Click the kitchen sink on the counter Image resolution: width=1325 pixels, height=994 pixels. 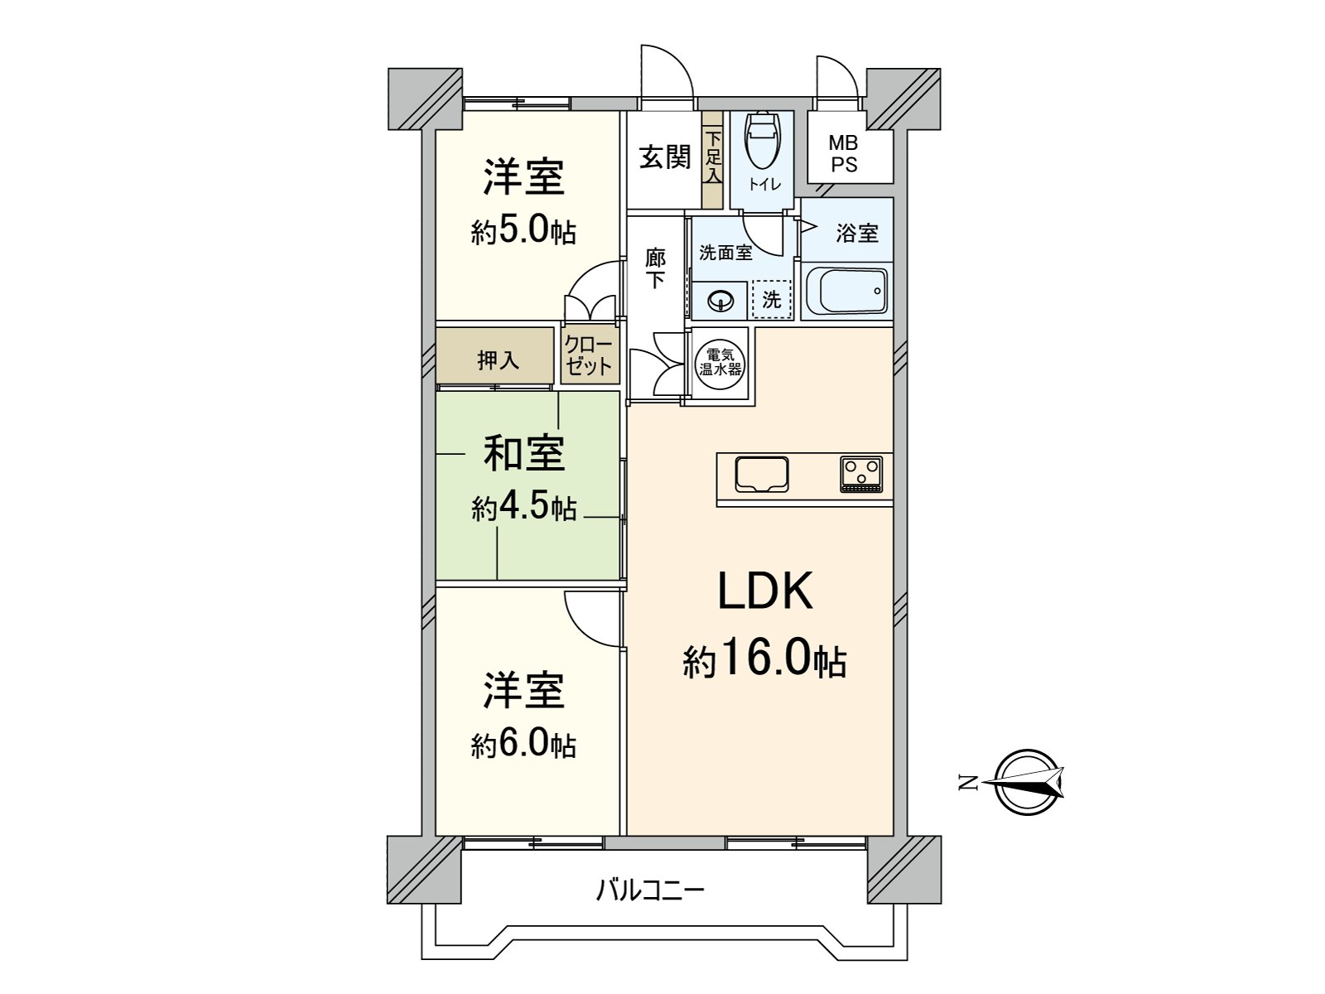click(x=761, y=475)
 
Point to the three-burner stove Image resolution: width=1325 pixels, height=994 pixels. click(x=860, y=475)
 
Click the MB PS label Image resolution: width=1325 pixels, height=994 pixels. click(x=843, y=154)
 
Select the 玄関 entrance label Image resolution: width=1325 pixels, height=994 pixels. click(x=665, y=157)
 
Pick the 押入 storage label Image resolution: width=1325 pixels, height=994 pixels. click(x=499, y=360)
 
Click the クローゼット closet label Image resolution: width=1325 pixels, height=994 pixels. click(x=589, y=356)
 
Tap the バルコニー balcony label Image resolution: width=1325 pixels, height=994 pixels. click(x=650, y=890)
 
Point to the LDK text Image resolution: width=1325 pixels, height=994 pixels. click(x=765, y=591)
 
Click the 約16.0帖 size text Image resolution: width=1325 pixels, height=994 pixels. click(x=765, y=659)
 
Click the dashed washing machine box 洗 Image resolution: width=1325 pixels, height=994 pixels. click(x=772, y=299)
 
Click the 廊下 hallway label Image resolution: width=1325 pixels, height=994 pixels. click(x=656, y=269)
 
